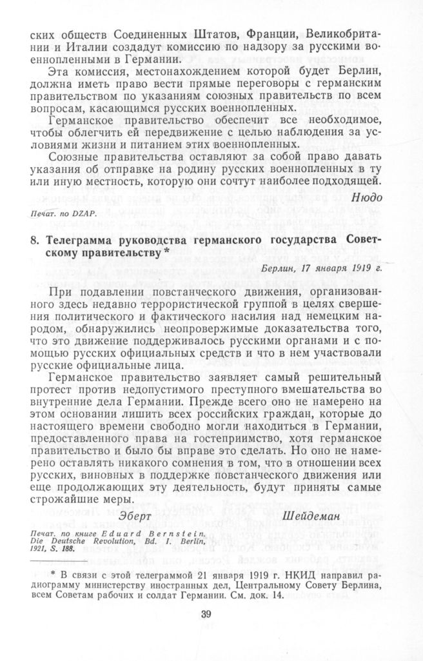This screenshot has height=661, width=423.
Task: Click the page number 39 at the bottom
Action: point(206,614)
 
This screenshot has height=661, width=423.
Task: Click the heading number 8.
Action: point(35,241)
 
